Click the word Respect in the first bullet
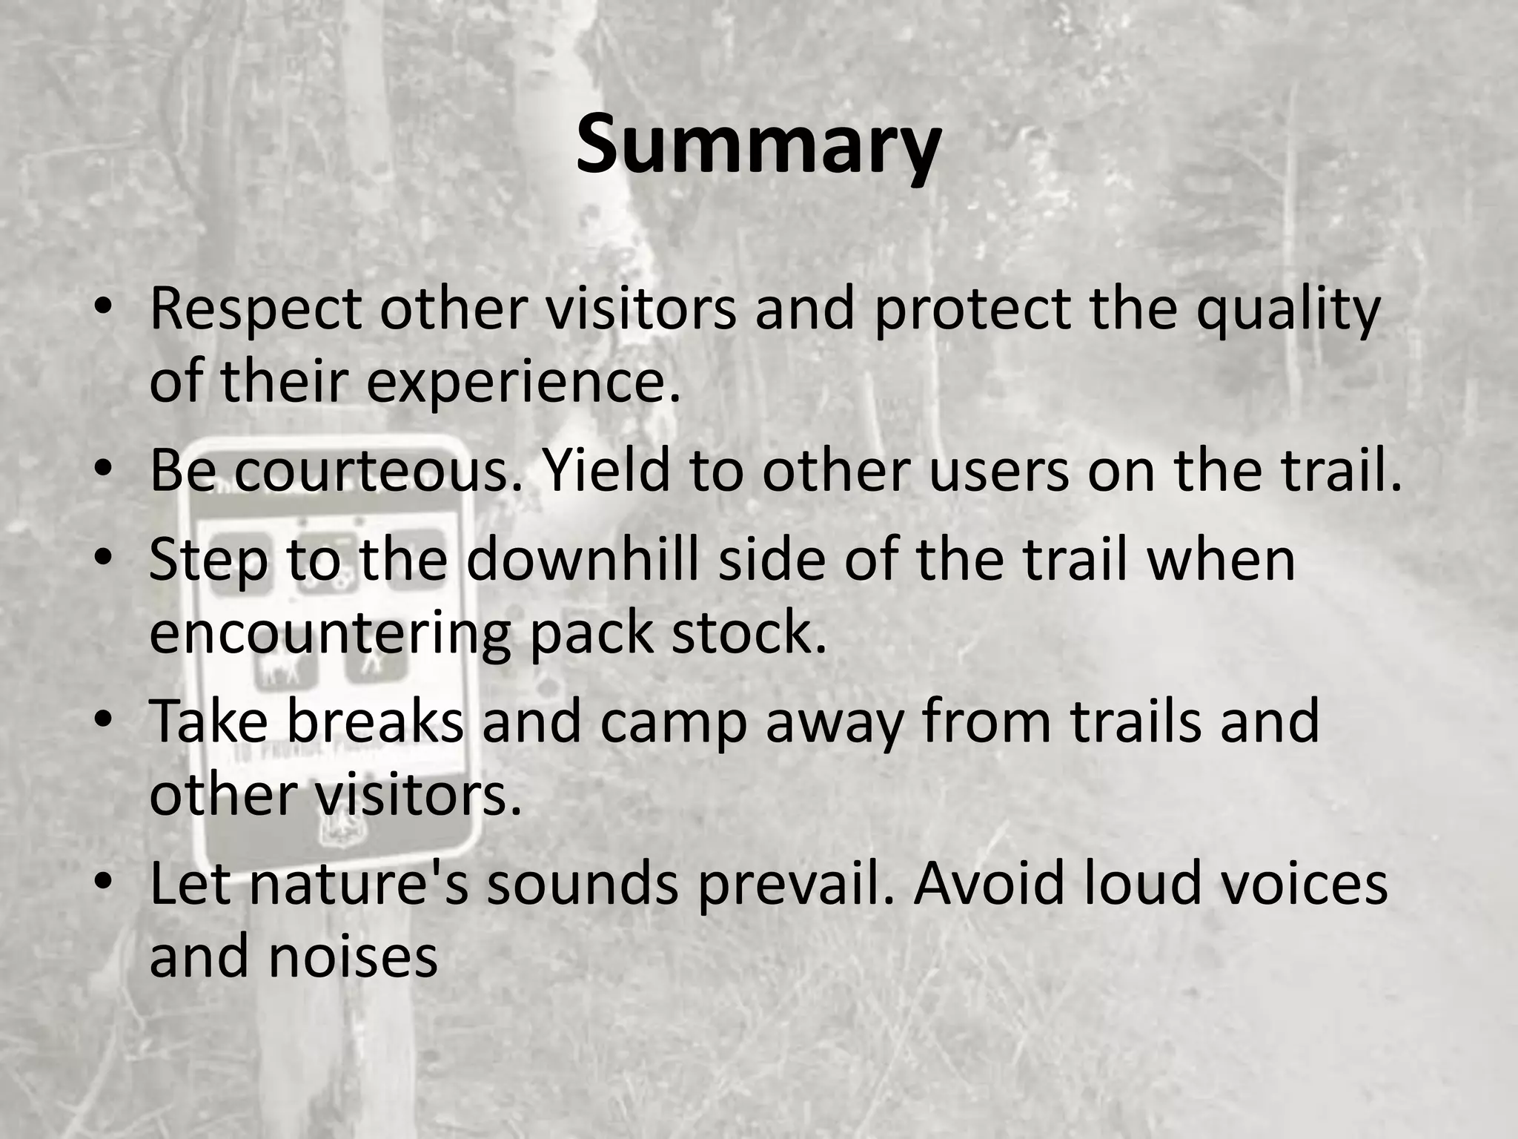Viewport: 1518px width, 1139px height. point(255,308)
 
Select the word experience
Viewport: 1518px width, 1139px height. point(523,382)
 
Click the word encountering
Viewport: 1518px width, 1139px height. point(330,633)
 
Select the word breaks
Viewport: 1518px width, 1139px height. point(375,721)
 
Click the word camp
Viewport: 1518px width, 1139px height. point(673,721)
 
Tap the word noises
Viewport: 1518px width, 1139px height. point(353,957)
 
